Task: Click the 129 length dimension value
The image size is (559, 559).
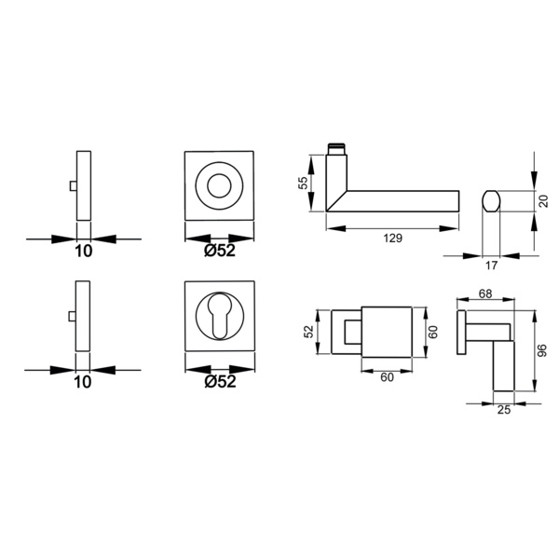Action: [392, 238]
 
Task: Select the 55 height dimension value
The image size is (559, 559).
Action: [303, 184]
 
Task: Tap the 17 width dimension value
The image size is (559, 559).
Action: [491, 266]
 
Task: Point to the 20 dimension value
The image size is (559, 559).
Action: [543, 200]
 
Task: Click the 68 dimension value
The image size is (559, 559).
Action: [485, 293]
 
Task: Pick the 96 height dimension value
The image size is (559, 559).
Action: [542, 350]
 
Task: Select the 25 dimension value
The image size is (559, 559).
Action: [504, 410]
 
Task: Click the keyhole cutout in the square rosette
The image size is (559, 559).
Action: [220, 316]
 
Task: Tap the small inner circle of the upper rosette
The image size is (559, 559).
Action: [219, 185]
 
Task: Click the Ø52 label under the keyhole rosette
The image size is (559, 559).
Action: [220, 381]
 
